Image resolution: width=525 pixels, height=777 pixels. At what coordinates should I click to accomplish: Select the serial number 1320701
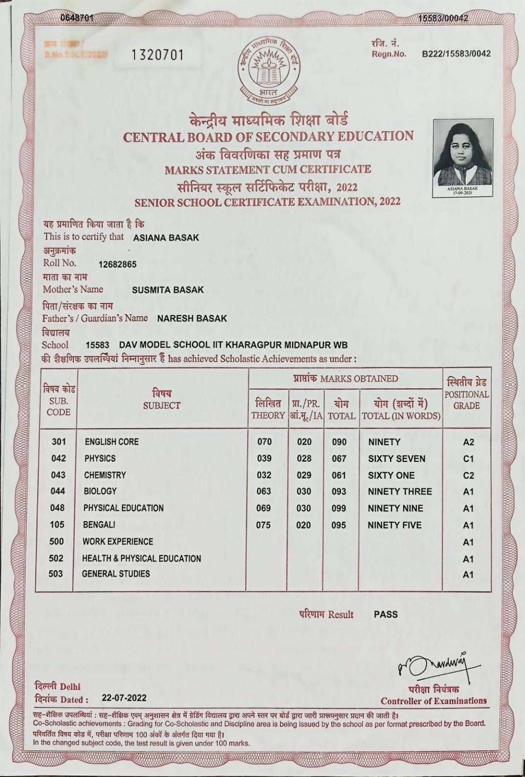(x=158, y=55)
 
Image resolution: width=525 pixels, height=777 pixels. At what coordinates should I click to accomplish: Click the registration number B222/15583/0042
(x=456, y=54)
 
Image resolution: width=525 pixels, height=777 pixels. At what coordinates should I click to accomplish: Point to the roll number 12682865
(x=117, y=265)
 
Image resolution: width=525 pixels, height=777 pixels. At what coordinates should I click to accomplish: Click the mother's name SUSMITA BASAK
(x=168, y=290)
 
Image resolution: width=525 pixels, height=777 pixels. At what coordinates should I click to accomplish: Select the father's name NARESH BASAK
(x=192, y=319)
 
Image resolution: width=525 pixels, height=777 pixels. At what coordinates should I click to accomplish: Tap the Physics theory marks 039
(x=264, y=458)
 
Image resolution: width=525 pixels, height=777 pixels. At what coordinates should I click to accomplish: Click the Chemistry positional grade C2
(x=468, y=475)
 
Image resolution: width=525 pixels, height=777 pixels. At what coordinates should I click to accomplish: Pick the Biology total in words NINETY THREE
(x=400, y=491)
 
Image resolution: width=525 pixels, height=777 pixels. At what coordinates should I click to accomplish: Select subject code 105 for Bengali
(x=57, y=524)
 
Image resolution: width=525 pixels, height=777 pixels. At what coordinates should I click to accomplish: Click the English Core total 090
(x=339, y=442)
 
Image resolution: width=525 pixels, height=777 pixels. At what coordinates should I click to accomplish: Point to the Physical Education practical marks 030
(x=304, y=508)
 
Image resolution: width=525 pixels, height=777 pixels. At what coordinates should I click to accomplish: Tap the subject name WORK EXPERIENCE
(x=118, y=541)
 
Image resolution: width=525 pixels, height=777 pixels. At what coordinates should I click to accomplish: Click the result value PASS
(x=386, y=614)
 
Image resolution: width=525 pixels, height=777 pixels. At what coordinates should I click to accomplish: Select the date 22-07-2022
(x=124, y=698)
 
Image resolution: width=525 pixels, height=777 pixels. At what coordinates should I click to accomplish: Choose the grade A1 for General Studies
(x=468, y=574)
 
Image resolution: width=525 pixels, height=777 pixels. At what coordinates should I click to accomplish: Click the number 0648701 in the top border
(x=77, y=18)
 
